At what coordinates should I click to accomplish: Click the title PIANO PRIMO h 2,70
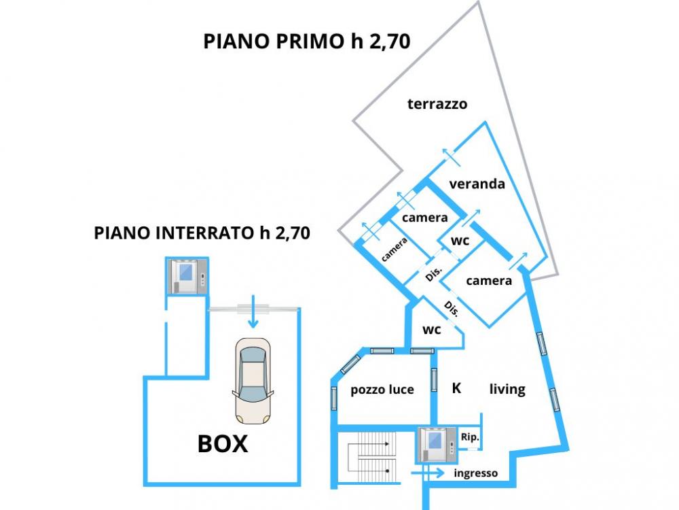coord(307,41)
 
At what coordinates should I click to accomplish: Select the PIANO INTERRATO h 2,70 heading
coord(202,234)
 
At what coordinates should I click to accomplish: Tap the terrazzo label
coord(437,104)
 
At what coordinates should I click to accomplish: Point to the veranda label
coord(477,184)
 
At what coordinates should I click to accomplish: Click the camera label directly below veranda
coord(425,218)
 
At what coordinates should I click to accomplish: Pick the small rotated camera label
coord(394,250)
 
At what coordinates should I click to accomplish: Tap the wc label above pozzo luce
coord(432,330)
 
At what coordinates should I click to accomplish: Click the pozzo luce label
coord(382,390)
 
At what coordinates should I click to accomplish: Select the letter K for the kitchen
coord(457,388)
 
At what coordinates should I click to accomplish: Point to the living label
coord(507,389)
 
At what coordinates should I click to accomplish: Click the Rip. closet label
coord(470,438)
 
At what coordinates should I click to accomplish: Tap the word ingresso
coord(476,473)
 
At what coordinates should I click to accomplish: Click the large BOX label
coord(223,444)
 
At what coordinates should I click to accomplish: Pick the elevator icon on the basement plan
coord(187,276)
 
